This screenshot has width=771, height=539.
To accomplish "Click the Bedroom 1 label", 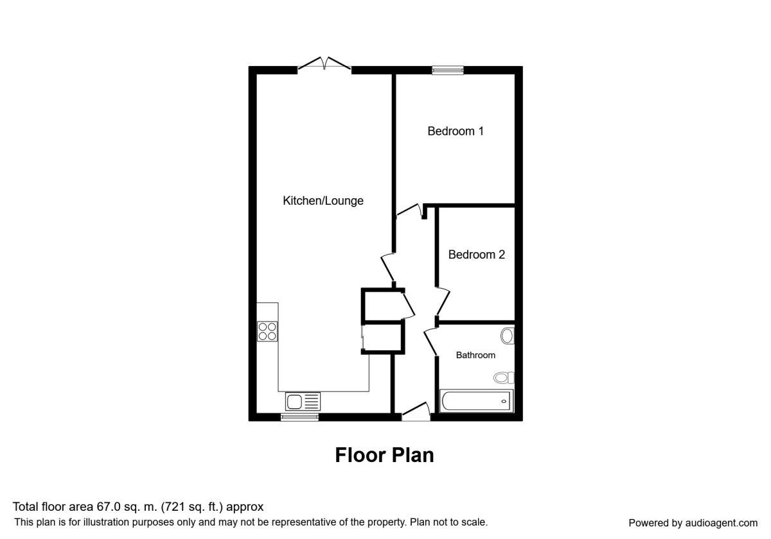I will [456, 132].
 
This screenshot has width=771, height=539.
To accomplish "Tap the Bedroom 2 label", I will [476, 255].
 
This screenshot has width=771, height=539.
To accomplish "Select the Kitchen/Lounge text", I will [323, 201].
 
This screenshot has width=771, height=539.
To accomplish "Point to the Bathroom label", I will [475, 355].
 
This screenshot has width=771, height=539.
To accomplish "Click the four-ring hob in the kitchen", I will [268, 331].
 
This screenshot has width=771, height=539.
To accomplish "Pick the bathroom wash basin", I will [507, 336].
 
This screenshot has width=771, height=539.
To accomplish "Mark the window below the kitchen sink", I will [299, 417].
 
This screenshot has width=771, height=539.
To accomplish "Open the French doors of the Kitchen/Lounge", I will [324, 65].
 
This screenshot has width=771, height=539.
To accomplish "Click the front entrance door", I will [416, 413].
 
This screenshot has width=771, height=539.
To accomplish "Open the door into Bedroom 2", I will [442, 302].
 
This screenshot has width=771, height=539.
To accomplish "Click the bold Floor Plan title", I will [384, 455].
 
